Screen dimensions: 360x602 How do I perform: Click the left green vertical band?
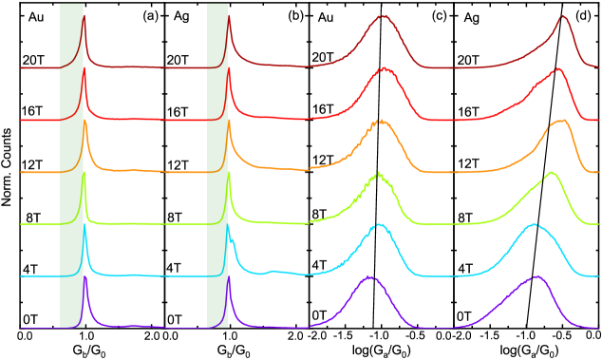(x=71, y=166)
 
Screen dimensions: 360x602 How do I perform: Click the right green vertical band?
(x=216, y=166)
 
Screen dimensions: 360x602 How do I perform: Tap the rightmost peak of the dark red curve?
(x=563, y=16)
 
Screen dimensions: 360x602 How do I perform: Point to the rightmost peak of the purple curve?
(x=537, y=276)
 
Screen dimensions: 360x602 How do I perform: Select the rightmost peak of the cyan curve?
(x=534, y=224)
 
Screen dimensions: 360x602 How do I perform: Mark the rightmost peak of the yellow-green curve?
(x=551, y=172)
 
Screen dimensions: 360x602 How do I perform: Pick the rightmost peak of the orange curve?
(x=561, y=120)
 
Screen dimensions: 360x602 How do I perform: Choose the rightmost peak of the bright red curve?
(x=558, y=68)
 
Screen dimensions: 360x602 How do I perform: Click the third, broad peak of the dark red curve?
(x=383, y=16)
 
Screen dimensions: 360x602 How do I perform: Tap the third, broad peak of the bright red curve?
(x=385, y=68)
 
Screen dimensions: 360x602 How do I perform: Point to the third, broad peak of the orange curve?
(x=381, y=121)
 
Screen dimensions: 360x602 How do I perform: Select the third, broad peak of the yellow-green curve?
(x=379, y=173)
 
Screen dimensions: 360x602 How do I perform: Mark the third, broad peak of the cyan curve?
(x=380, y=225)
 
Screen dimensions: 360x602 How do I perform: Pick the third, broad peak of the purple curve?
(x=369, y=276)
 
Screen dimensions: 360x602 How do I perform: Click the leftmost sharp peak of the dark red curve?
(x=84, y=15)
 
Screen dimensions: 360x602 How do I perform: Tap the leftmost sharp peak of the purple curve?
(x=85, y=276)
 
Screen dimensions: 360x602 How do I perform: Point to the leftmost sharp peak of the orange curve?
(x=85, y=121)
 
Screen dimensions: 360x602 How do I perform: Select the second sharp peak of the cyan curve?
(x=228, y=225)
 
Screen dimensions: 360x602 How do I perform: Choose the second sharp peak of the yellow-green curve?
(x=228, y=173)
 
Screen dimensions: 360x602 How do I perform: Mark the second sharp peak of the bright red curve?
(x=228, y=68)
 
